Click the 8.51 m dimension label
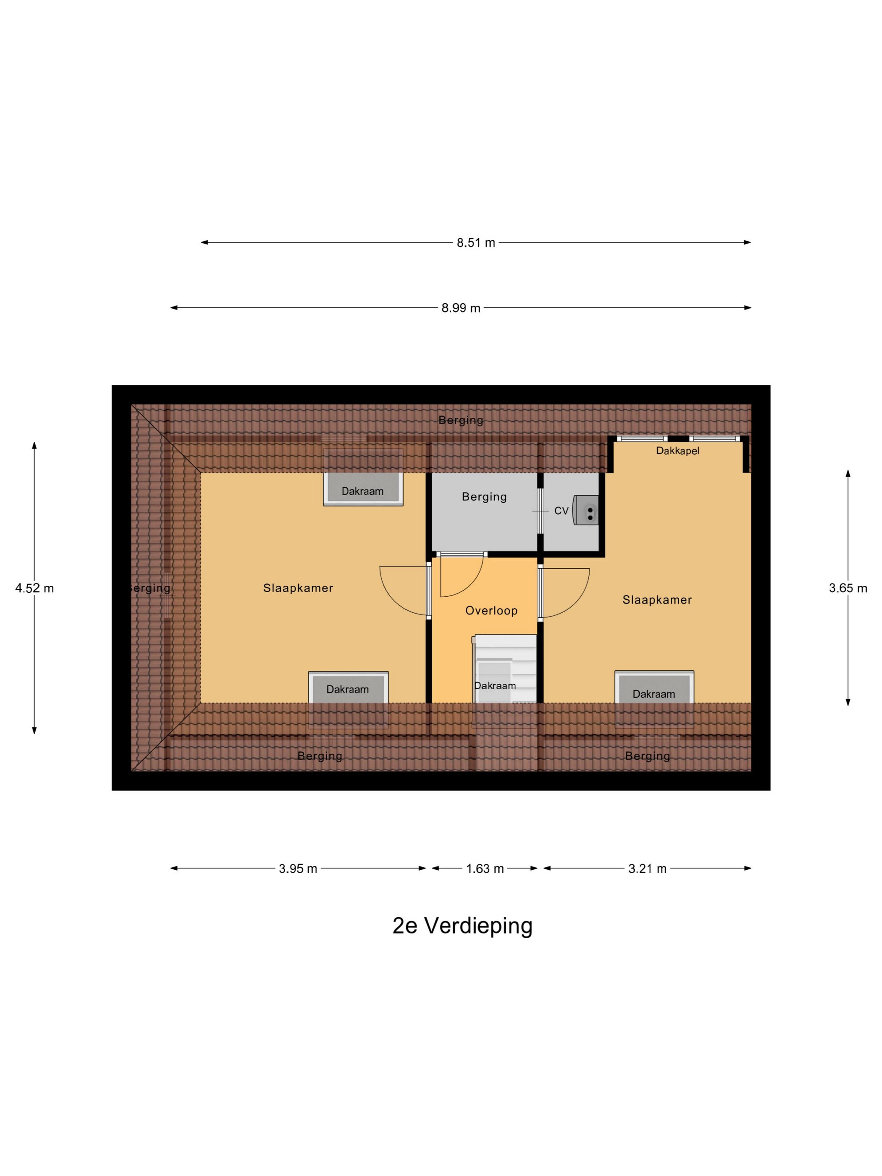click(476, 243)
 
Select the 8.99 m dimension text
click(461, 308)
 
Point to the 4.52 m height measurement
click(34, 588)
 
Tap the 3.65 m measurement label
click(848, 588)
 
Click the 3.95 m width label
click(298, 869)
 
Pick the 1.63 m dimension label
click(485, 869)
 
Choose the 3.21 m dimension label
click(647, 869)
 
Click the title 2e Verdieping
click(462, 926)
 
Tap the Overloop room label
click(491, 611)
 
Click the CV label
click(562, 511)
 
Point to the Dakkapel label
click(677, 451)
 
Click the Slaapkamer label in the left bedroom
click(298, 588)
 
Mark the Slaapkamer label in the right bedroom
click(657, 600)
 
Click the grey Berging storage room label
click(484, 496)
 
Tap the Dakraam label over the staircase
click(495, 686)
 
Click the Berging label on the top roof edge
click(461, 420)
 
